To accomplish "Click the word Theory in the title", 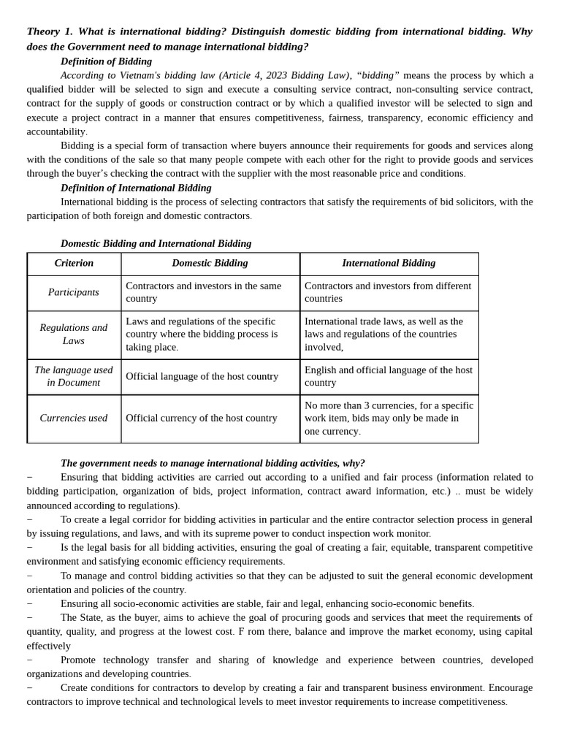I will pyautogui.click(x=45, y=31).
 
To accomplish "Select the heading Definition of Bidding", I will pyautogui.click(x=106, y=61).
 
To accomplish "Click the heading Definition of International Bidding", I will pyautogui.click(x=136, y=188).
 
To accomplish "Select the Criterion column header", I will pyautogui.click(x=74, y=263).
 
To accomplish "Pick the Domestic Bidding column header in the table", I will pyautogui.click(x=210, y=263).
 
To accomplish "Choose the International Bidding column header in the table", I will pyautogui.click(x=389, y=263).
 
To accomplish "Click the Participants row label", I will pyautogui.click(x=74, y=292).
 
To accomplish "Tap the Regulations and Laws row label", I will pyautogui.click(x=74, y=334).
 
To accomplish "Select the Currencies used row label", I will pyautogui.click(x=74, y=418).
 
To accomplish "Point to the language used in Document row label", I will pyautogui.click(x=74, y=376).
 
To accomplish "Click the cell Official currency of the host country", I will pyautogui.click(x=202, y=418).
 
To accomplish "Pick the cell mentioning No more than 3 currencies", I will pyautogui.click(x=389, y=418).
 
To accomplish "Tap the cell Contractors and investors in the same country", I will pyautogui.click(x=203, y=292).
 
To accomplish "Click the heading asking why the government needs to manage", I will pyautogui.click(x=213, y=463).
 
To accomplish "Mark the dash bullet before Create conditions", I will pyautogui.click(x=30, y=688).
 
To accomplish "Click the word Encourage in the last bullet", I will pyautogui.click(x=511, y=687).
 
